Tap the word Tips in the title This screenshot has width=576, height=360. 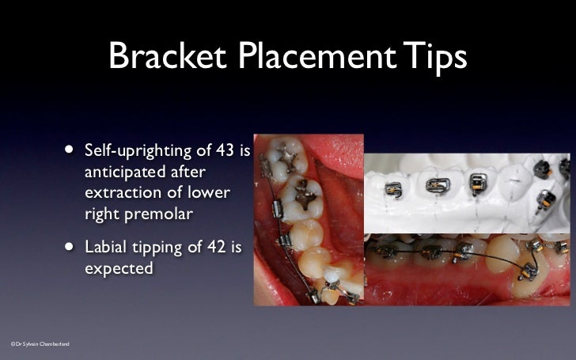pyautogui.click(x=434, y=57)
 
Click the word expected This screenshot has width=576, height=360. pyautogui.click(x=118, y=270)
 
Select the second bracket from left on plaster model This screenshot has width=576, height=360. pyautogui.click(x=437, y=185)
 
